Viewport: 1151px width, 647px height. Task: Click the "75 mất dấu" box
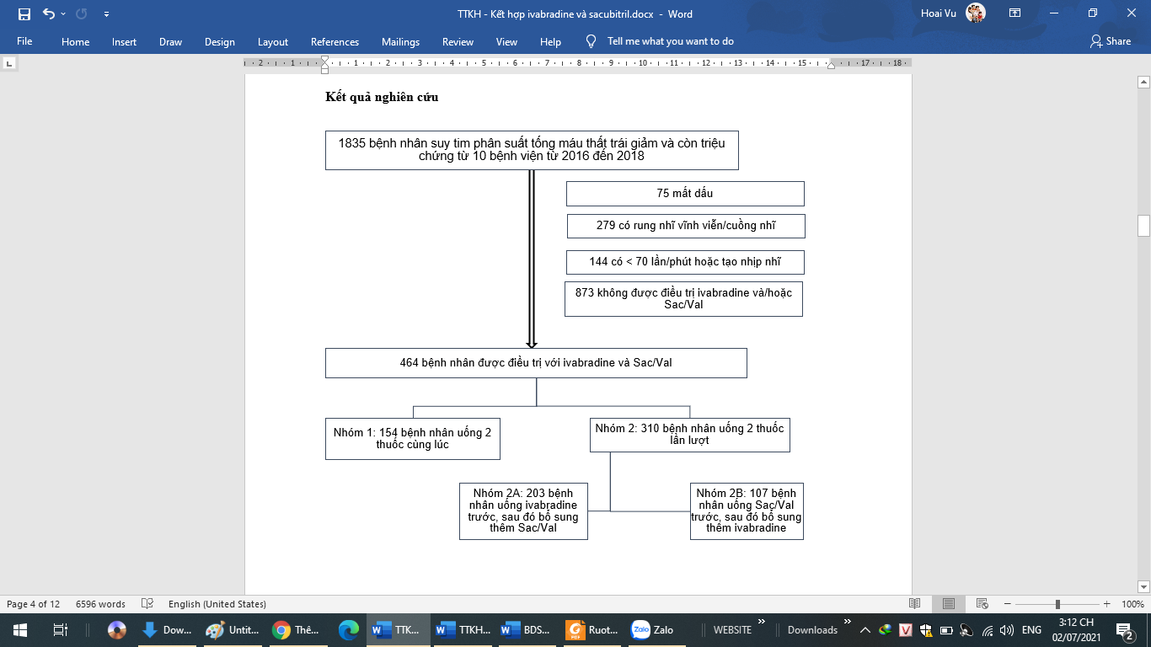coord(684,194)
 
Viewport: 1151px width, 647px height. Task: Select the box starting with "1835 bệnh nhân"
coord(531,150)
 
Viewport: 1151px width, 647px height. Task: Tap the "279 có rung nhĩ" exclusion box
coord(685,226)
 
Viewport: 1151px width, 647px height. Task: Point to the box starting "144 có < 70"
coord(684,262)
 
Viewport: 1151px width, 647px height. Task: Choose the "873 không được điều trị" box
coord(683,299)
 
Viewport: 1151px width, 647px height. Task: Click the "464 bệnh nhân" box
coord(536,363)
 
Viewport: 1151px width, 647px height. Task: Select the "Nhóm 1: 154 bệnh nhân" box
coord(412,438)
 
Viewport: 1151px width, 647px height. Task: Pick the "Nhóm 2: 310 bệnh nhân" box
coord(689,435)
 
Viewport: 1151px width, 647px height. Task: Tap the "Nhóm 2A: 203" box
coord(522,511)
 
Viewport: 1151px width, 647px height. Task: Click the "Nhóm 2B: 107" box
coord(746,511)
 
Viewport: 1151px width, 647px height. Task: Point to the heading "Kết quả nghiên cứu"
coord(382,97)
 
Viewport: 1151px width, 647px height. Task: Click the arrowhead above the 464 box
coord(532,344)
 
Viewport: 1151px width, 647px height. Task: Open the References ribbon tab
coord(335,41)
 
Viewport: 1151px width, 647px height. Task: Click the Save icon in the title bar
coord(24,14)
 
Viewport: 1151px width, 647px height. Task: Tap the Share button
coord(1111,41)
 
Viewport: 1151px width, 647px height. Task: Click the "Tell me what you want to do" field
coord(670,41)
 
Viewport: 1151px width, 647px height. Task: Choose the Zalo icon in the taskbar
coord(653,629)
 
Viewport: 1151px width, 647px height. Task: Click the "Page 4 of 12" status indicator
coord(33,604)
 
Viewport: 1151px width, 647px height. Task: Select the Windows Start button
coord(19,629)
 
